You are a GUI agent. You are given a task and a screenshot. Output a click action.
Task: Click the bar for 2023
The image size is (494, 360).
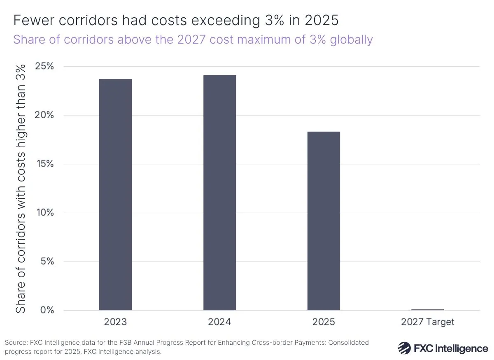click(115, 194)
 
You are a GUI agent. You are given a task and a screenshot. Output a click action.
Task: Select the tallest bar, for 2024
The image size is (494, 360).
click(219, 193)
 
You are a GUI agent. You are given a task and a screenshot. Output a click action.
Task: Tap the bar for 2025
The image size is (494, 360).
click(324, 221)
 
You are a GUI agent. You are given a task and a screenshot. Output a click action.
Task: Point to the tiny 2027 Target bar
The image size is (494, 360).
click(428, 309)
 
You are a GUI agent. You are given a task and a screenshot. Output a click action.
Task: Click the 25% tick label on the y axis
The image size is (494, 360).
click(43, 67)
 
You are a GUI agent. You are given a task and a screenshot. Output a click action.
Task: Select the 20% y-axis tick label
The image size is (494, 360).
click(43, 115)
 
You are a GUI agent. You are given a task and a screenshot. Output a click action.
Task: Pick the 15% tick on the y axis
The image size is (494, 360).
click(43, 164)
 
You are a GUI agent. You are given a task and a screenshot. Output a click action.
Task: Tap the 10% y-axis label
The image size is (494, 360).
click(43, 213)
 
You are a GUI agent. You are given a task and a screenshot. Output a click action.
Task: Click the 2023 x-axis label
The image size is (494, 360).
click(115, 322)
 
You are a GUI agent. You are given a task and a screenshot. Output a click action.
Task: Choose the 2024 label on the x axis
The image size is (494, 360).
click(219, 322)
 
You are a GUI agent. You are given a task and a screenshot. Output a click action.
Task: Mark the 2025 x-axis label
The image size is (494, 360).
click(324, 322)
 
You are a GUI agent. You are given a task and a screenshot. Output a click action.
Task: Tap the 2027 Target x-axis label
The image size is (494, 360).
click(428, 322)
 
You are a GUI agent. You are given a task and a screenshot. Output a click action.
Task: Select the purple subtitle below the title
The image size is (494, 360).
click(193, 39)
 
